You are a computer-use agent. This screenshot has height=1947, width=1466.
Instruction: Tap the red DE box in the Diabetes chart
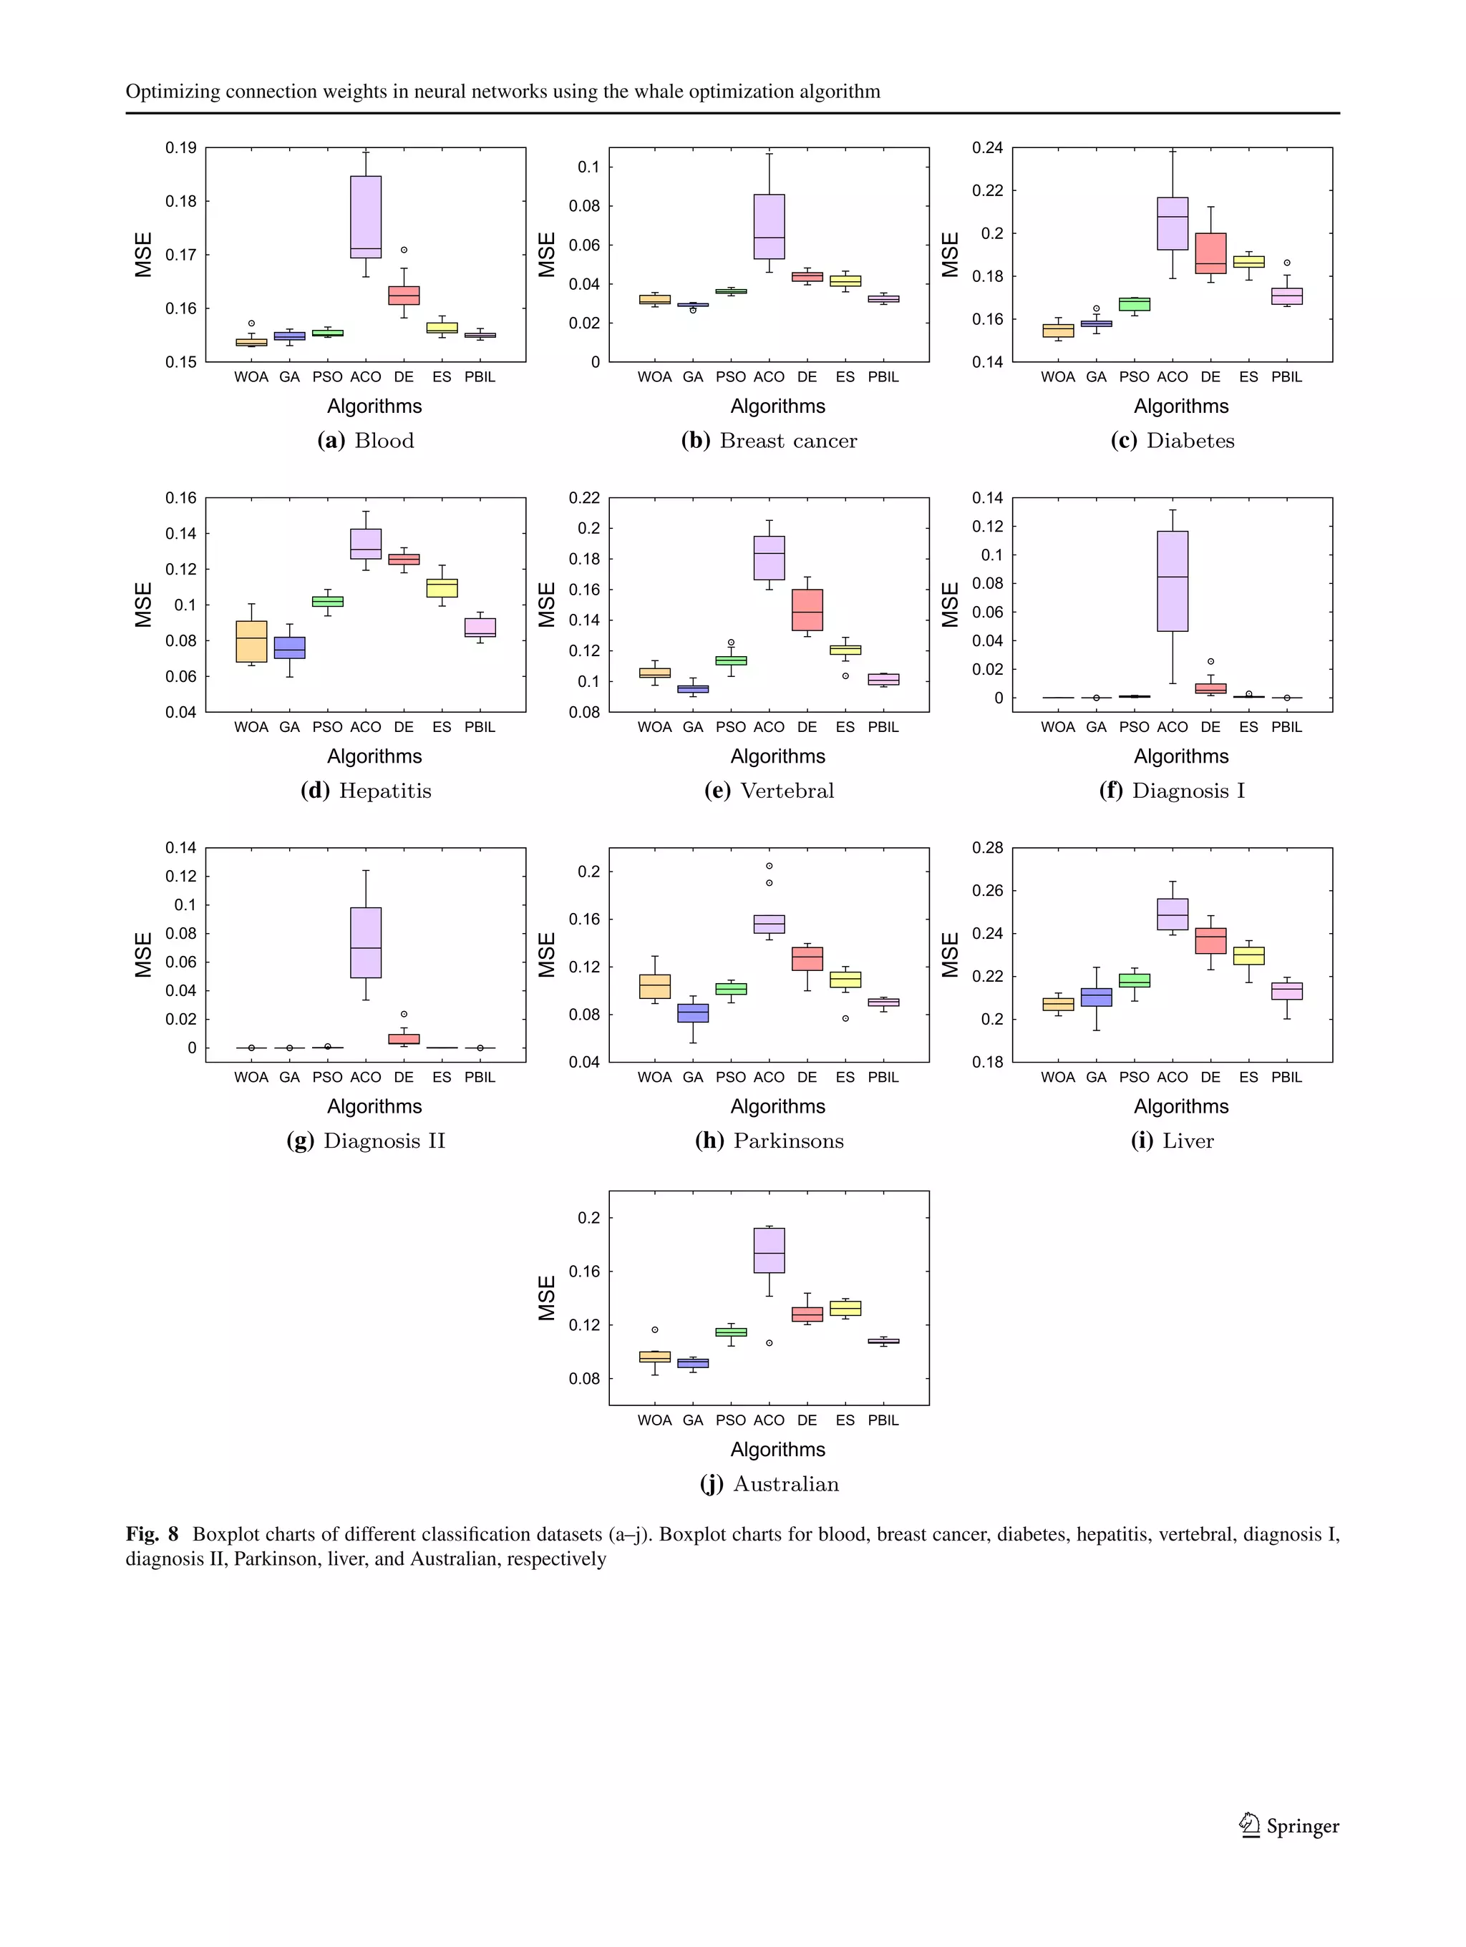(x=1210, y=253)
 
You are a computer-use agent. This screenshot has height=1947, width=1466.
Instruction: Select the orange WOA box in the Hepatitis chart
(x=251, y=641)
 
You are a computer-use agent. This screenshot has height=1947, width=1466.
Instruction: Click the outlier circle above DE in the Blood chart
(x=404, y=250)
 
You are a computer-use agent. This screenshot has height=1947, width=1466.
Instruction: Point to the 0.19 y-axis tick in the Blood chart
(x=180, y=148)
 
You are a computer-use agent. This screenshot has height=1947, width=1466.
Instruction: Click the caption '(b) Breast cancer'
(x=769, y=441)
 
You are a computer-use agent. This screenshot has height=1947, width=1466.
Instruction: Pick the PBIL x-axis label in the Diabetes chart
(x=1286, y=376)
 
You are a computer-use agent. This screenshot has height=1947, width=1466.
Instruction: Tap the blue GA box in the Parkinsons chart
(x=693, y=1013)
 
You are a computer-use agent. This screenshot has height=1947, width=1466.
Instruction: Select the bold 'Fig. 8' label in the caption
(x=152, y=1534)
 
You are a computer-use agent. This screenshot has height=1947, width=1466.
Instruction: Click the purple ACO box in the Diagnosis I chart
(x=1172, y=581)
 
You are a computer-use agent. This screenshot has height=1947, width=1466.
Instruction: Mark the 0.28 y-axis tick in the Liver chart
(x=987, y=848)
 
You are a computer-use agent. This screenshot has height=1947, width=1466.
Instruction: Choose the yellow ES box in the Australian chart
(x=845, y=1308)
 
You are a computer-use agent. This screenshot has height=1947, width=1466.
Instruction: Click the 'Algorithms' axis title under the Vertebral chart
(x=777, y=756)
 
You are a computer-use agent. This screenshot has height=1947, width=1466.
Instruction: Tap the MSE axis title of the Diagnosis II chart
(x=143, y=955)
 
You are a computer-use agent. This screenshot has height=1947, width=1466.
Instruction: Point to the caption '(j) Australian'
(x=769, y=1484)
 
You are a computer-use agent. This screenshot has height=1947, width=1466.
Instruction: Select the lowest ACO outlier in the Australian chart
(x=770, y=1343)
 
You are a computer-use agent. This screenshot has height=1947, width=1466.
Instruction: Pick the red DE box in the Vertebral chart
(x=807, y=610)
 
